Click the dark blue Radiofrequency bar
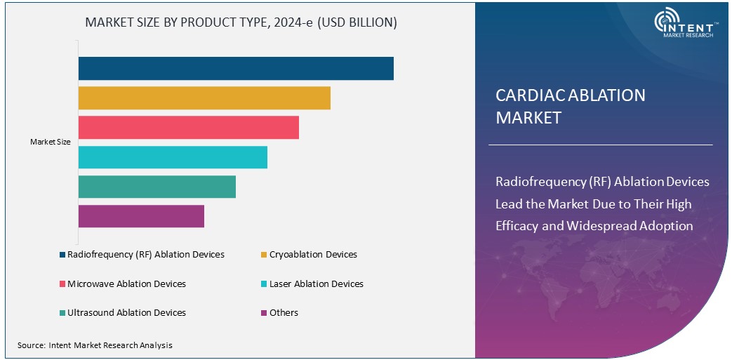[235, 69]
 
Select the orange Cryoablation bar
[204, 98]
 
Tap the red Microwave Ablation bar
[188, 128]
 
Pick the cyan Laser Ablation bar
[173, 157]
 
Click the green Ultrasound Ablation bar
[157, 187]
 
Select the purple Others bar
[141, 216]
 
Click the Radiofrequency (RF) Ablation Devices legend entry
[145, 254]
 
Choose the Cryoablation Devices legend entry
[312, 254]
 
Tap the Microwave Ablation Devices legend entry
[126, 284]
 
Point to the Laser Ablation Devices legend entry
[316, 284]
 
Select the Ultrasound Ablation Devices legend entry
[126, 312]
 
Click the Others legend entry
[284, 312]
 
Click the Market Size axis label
[51, 142]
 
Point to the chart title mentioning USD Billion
[241, 22]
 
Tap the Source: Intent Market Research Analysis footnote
[95, 345]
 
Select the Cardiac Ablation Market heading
[570, 106]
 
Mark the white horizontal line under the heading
[600, 145]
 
